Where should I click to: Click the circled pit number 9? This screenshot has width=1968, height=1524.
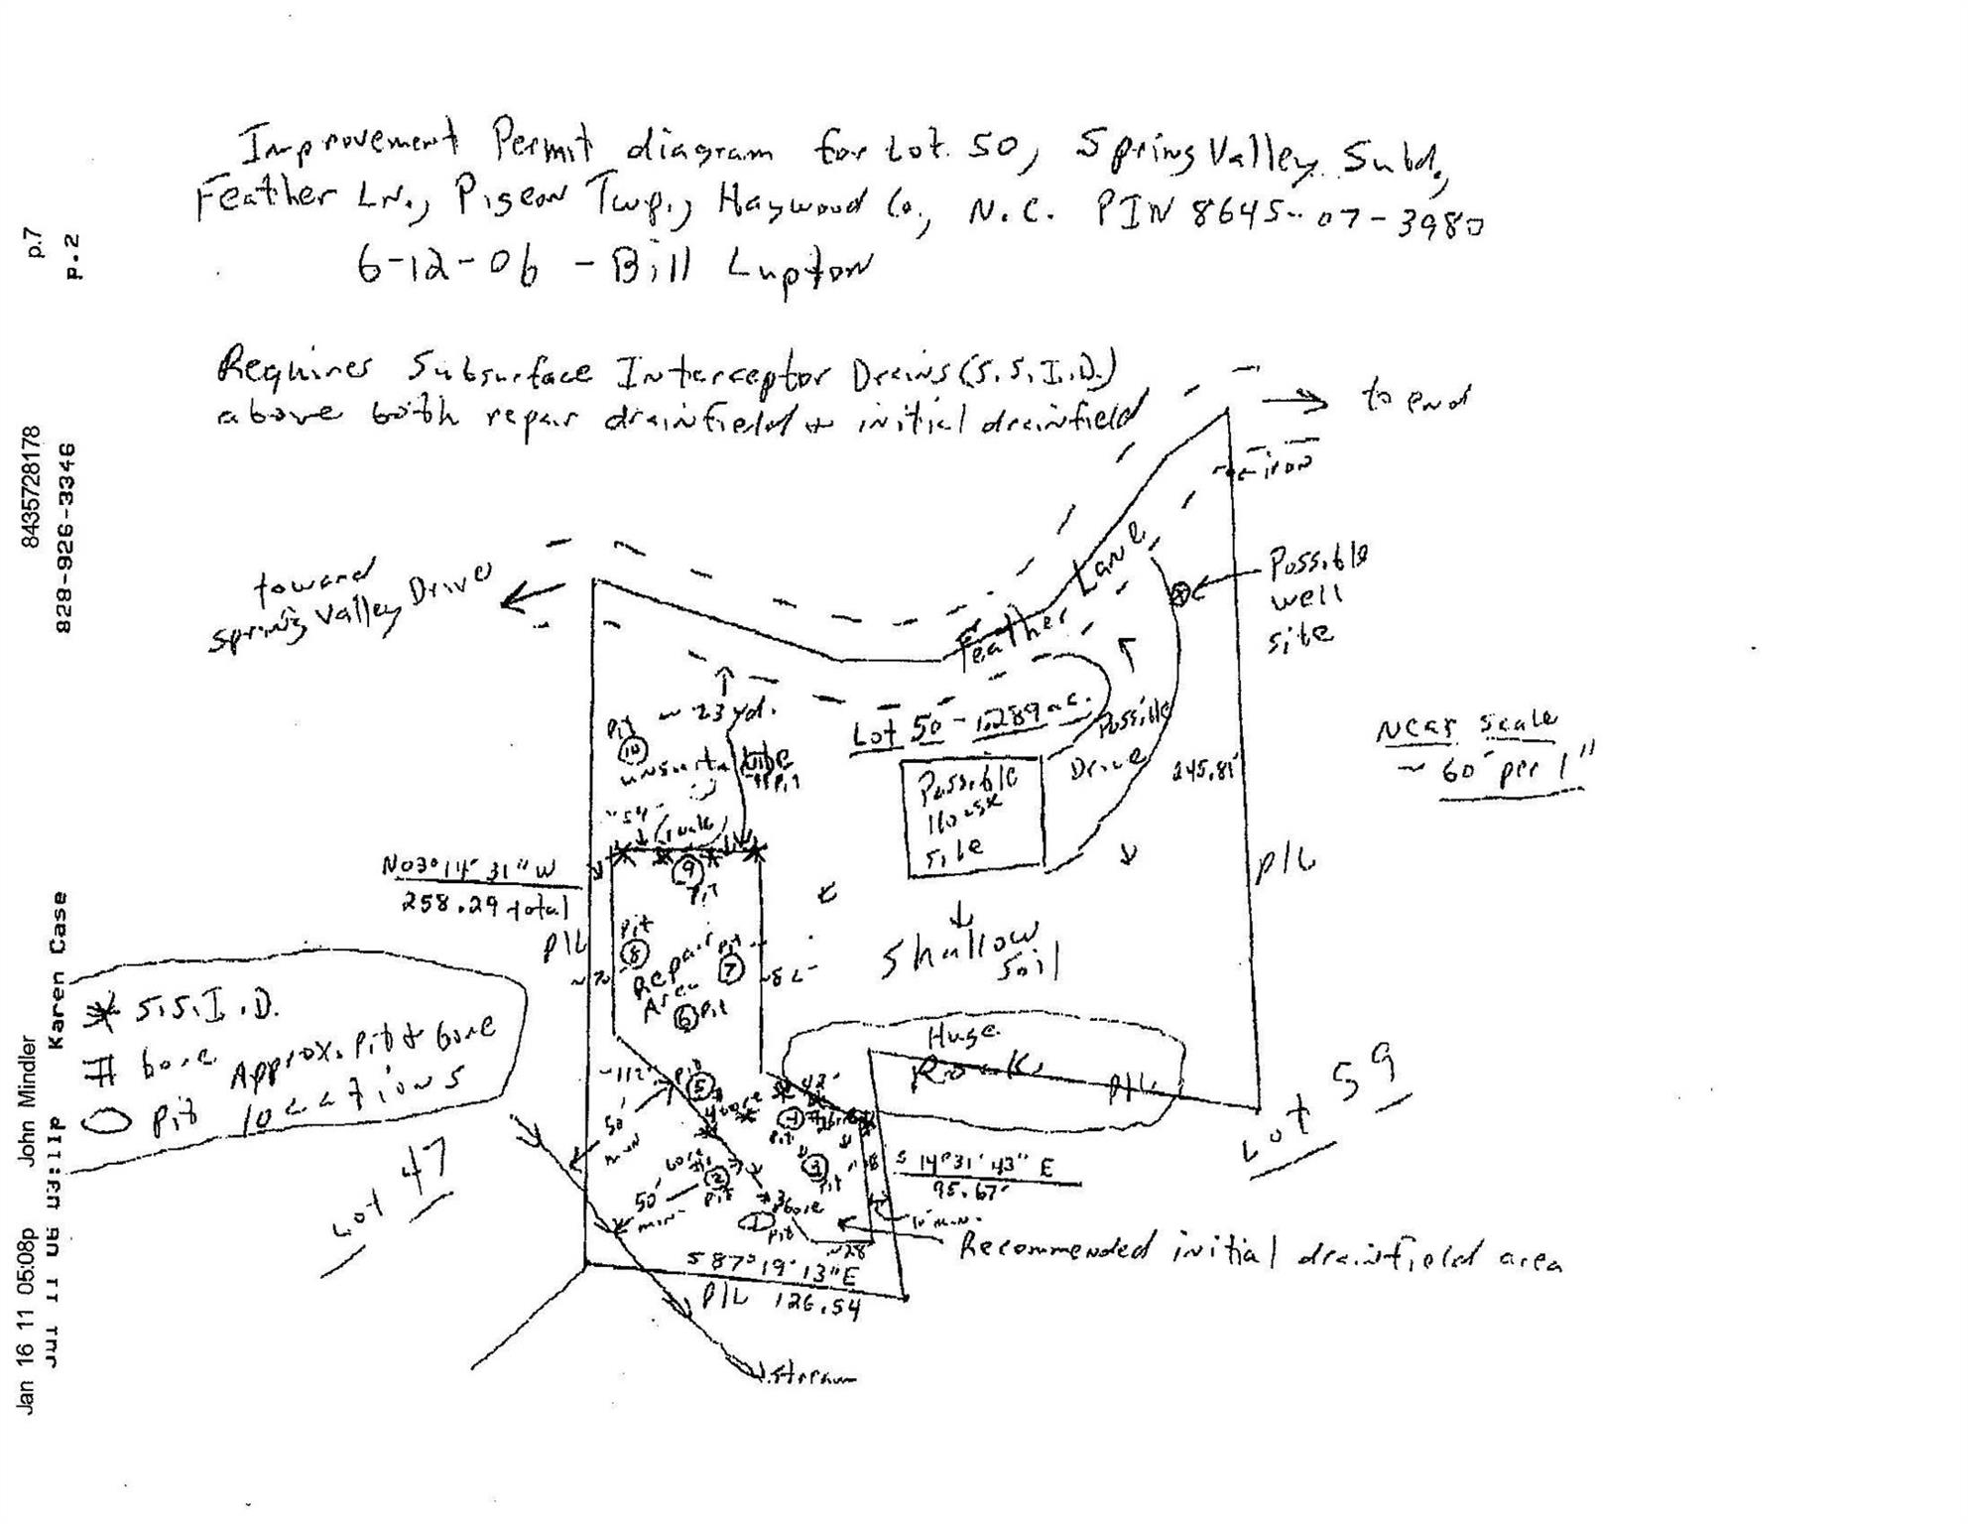pos(686,871)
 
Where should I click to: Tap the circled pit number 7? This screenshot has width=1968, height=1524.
pos(731,969)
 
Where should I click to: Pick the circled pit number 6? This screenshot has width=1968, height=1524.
pos(684,1016)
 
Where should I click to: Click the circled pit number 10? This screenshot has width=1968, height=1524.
pos(634,750)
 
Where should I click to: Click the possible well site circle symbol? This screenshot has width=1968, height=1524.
pos(1180,594)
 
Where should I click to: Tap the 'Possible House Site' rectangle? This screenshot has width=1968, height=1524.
pos(973,817)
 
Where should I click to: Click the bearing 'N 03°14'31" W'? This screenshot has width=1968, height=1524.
pos(468,869)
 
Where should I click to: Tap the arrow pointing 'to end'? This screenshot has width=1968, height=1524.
pos(1294,402)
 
